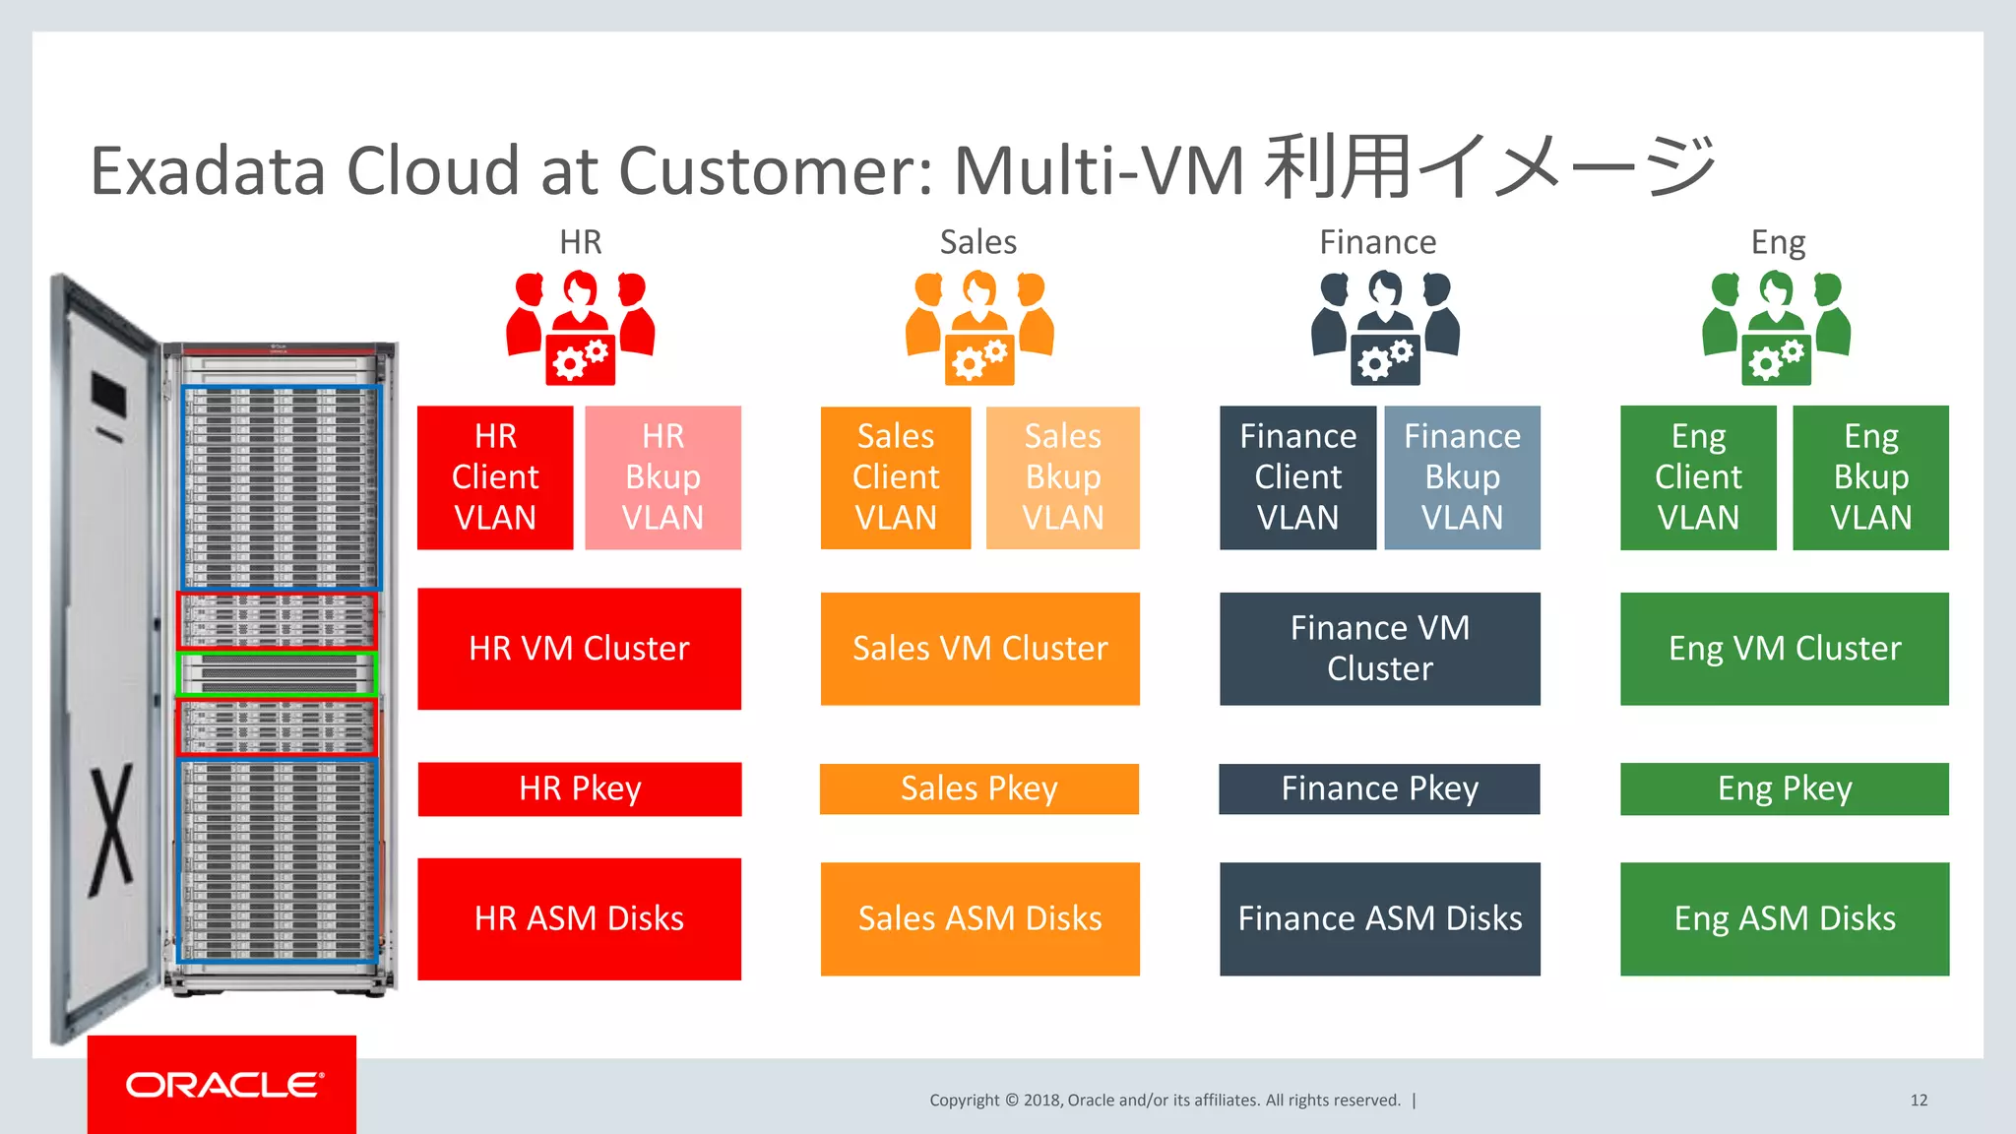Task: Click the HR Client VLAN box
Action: [495, 477]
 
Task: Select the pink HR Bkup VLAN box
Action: [662, 477]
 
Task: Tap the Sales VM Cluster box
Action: [979, 649]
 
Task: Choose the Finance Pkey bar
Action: [1379, 788]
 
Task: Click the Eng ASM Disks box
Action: [1784, 918]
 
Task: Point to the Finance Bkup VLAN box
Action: [1462, 477]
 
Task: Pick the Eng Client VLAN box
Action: [1698, 477]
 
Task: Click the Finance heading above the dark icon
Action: [1377, 242]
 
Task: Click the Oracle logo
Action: [222, 1085]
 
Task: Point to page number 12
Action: [1919, 1101]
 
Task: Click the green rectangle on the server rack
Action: [277, 673]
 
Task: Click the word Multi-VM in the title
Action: [1100, 171]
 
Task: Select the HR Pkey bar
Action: [580, 788]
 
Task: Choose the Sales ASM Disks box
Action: [979, 918]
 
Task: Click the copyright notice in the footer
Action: [1165, 1101]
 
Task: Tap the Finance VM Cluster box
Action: [1379, 649]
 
